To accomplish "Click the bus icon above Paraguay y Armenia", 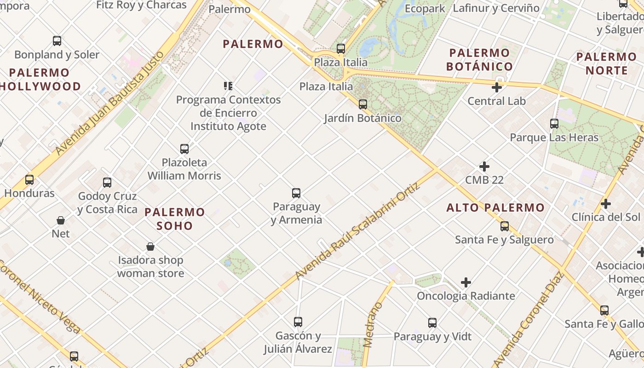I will point(296,193).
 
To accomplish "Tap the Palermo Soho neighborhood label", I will point(175,219).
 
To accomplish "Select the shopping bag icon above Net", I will point(61,220).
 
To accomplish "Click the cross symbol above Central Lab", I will point(497,87).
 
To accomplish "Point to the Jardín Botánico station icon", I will point(363,104).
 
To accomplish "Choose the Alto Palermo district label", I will point(495,208).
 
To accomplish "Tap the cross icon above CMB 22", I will point(484,167).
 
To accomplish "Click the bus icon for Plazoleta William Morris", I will point(184,149).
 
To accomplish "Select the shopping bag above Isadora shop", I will point(150,247).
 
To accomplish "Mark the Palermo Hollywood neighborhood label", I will point(40,80).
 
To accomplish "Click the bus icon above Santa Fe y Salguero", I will point(505,226).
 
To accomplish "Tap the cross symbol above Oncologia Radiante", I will point(466,282).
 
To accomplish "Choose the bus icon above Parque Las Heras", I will point(554,124).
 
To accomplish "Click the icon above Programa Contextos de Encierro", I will point(228,86).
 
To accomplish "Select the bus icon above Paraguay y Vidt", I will point(432,323).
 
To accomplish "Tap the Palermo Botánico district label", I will point(480,59).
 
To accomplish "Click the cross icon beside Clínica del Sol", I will point(606,204).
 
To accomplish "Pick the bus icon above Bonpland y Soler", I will point(57,41).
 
